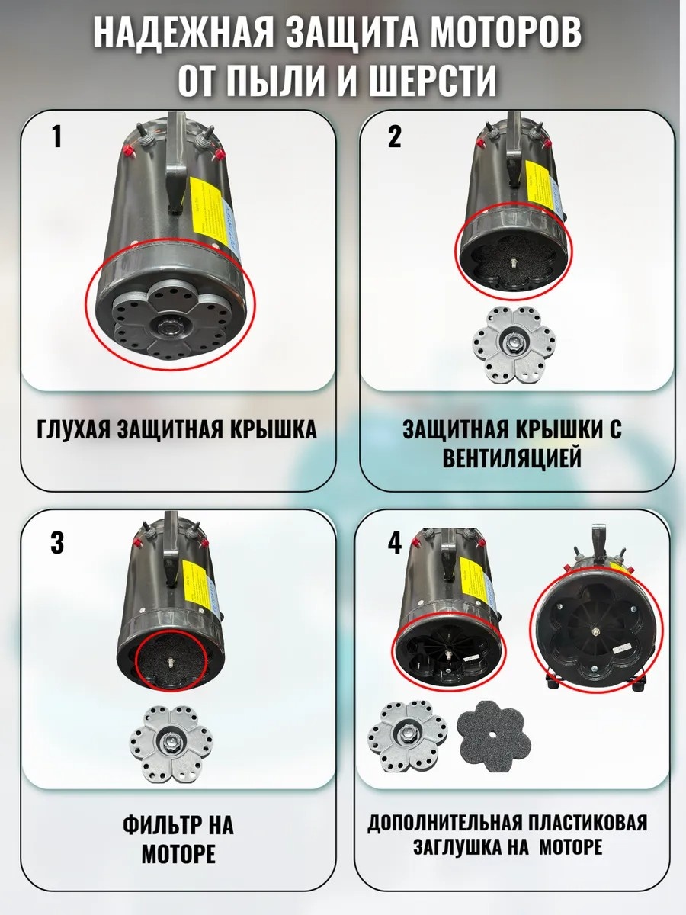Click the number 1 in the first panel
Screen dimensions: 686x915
point(57,136)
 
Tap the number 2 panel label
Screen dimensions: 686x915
point(394,136)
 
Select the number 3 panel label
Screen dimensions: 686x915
point(57,543)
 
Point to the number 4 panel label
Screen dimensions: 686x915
point(395,544)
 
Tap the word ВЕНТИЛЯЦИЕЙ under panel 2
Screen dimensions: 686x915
point(512,458)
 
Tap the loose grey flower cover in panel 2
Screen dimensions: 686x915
point(514,345)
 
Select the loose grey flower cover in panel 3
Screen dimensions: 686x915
point(171,743)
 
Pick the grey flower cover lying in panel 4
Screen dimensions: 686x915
point(407,738)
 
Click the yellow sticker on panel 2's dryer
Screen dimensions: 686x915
point(540,184)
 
